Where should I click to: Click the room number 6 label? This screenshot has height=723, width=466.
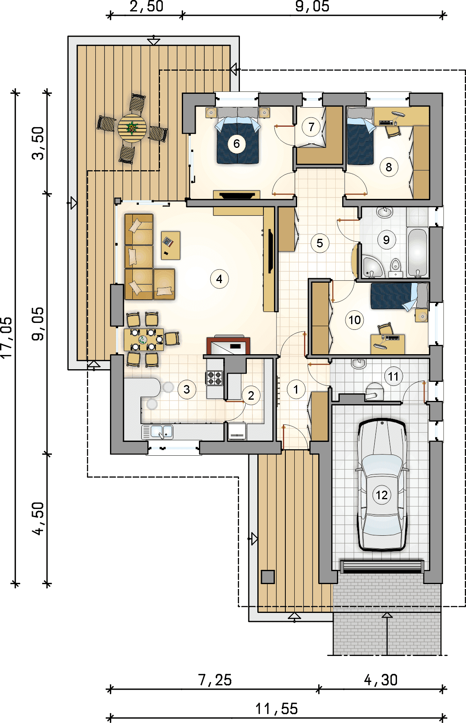click(237, 143)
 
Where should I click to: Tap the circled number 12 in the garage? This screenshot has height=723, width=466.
click(382, 495)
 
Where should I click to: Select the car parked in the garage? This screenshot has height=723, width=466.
click(382, 485)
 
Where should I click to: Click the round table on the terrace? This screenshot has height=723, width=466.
click(132, 128)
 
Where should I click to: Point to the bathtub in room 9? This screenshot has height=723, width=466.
click(417, 253)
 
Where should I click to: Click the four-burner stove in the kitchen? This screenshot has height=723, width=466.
click(215, 378)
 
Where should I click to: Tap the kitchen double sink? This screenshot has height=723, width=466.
click(158, 432)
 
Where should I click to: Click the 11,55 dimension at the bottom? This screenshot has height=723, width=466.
click(277, 709)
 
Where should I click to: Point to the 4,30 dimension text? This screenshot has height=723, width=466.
click(381, 680)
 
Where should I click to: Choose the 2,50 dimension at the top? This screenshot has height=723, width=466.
click(147, 6)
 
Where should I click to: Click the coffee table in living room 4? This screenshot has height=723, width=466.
click(170, 245)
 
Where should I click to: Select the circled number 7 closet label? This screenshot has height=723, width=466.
click(311, 127)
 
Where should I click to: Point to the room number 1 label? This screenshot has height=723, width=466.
click(296, 390)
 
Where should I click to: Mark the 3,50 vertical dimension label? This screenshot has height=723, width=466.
click(38, 143)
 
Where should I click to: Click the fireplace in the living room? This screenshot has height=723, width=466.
click(228, 345)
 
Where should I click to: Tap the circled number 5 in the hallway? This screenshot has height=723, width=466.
click(320, 243)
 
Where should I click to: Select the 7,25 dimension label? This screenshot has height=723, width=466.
click(215, 680)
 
